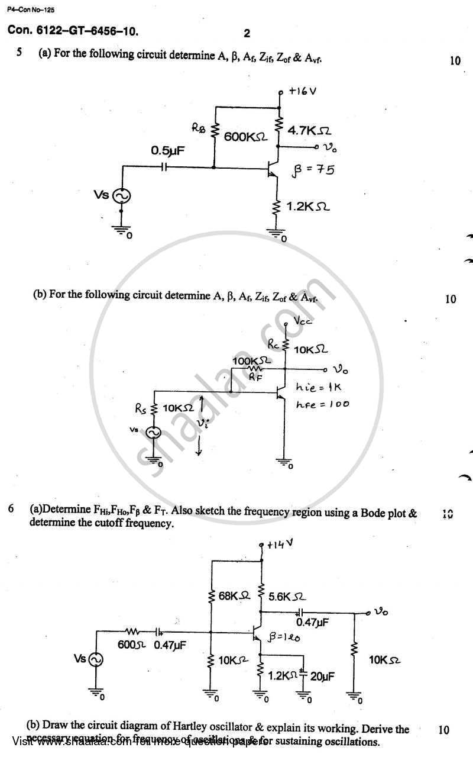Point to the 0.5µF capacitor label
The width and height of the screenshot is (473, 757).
[167, 151]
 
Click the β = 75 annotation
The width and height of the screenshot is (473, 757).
[313, 170]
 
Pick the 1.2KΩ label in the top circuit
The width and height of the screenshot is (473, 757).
[308, 207]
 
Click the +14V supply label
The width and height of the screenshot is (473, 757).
[280, 545]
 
